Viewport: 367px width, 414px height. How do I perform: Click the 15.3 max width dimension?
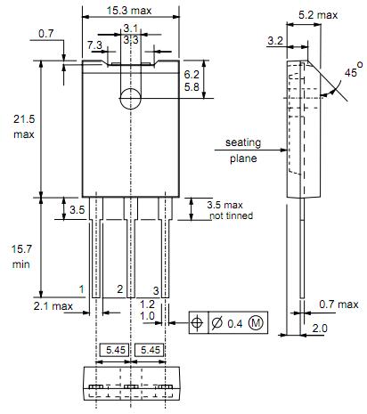[x=129, y=11]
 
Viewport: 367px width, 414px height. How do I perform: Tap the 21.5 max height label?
[x=24, y=126]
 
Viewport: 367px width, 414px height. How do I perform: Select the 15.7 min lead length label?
[x=21, y=256]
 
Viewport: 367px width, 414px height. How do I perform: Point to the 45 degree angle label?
[x=354, y=70]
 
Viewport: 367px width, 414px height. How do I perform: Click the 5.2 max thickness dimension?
[x=318, y=15]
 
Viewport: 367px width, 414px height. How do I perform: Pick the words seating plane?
[x=243, y=150]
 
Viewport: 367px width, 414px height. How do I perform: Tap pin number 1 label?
[x=82, y=289]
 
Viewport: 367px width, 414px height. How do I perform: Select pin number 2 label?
[x=119, y=288]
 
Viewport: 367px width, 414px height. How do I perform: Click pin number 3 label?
[x=156, y=290]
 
